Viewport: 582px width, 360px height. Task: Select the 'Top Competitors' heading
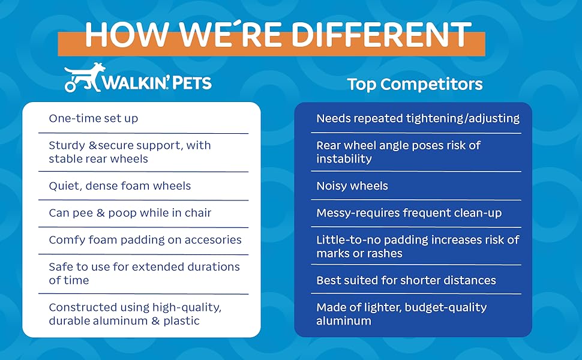(415, 84)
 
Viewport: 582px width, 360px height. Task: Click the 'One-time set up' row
(94, 118)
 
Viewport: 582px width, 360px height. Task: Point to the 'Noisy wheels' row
(352, 185)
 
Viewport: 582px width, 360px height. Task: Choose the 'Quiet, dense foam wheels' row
(119, 185)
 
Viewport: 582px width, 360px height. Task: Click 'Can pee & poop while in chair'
(130, 212)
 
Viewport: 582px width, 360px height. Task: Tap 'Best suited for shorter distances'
(406, 280)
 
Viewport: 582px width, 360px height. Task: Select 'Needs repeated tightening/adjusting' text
(418, 118)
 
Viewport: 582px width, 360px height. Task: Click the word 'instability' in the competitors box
(344, 159)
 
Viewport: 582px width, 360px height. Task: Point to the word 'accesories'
(213, 240)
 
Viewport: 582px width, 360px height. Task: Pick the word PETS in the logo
(192, 83)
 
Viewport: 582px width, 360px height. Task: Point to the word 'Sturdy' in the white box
(67, 145)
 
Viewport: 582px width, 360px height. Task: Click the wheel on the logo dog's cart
(70, 86)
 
